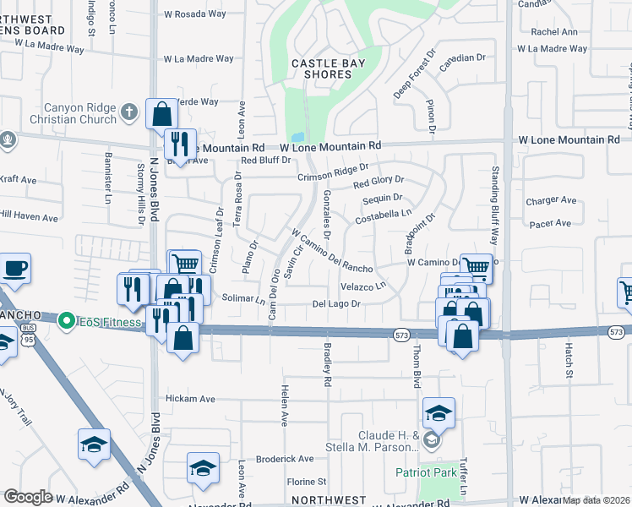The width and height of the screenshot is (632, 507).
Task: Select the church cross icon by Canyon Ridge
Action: [x=128, y=111]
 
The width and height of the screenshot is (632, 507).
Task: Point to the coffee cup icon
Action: [x=16, y=269]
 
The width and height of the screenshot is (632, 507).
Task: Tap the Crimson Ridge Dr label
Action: [x=333, y=172]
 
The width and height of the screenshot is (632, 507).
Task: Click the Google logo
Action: [x=28, y=497]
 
